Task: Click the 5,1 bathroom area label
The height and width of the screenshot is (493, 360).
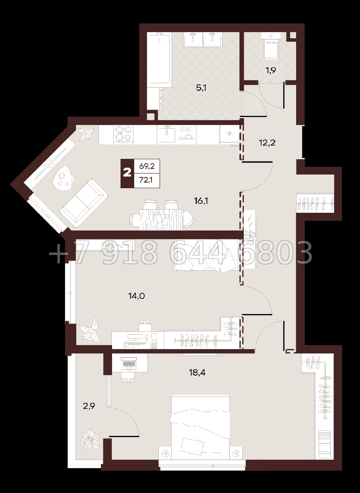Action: tap(201, 88)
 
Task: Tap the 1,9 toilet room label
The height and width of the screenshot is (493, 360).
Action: tap(271, 70)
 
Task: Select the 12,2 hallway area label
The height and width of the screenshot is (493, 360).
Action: tap(267, 143)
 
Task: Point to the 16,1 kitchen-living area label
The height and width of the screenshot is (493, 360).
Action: tap(201, 201)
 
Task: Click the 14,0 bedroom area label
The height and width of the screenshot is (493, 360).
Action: tap(136, 296)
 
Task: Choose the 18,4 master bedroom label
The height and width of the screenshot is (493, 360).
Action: tap(197, 372)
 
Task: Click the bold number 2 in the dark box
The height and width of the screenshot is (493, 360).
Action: tap(127, 173)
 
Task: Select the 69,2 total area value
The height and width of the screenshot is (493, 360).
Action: tap(147, 166)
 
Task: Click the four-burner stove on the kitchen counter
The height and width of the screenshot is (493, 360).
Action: tap(124, 134)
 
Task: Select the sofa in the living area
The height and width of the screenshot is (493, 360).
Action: tap(84, 203)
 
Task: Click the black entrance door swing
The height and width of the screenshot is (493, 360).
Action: tap(319, 142)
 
